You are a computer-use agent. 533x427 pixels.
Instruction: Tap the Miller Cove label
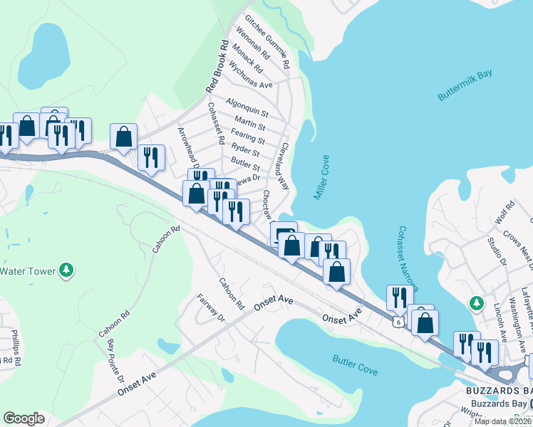tap(321, 177)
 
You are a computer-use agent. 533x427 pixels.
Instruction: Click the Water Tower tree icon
tap(66, 270)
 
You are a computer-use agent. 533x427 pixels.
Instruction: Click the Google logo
tap(24, 418)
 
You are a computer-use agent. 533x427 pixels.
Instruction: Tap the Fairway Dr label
tap(210, 307)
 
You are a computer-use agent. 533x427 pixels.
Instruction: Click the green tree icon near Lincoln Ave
tap(476, 304)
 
